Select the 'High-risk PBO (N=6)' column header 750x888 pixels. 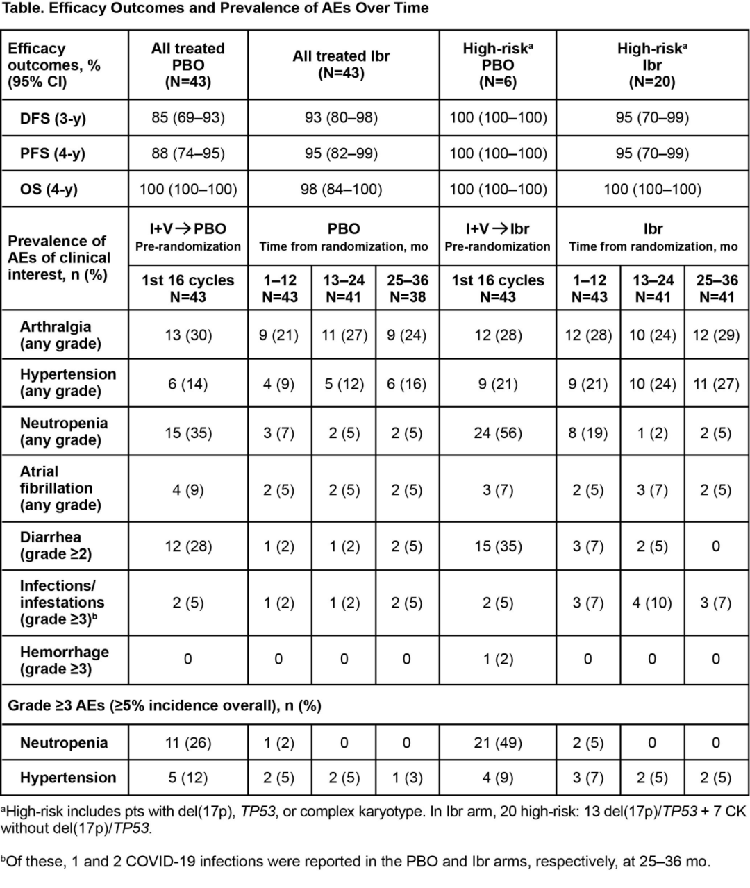point(498,65)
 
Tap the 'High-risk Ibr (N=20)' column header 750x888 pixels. point(652,65)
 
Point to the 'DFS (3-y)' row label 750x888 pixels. point(53,119)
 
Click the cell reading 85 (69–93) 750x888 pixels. point(188,117)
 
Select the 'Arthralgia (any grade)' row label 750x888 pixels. point(60,335)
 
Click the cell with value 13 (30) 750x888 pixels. point(187,335)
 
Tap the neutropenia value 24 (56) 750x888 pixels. point(498,433)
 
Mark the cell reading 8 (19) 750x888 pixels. point(588,433)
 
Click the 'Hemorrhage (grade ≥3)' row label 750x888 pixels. point(65,660)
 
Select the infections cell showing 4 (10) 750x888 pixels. point(652,603)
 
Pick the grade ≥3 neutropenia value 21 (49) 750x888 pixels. point(498,743)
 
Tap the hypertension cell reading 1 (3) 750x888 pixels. point(406,778)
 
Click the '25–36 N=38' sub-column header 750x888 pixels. point(407,289)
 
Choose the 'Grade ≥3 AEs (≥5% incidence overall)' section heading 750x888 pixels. point(165,706)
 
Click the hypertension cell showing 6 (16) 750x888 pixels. point(406,384)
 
